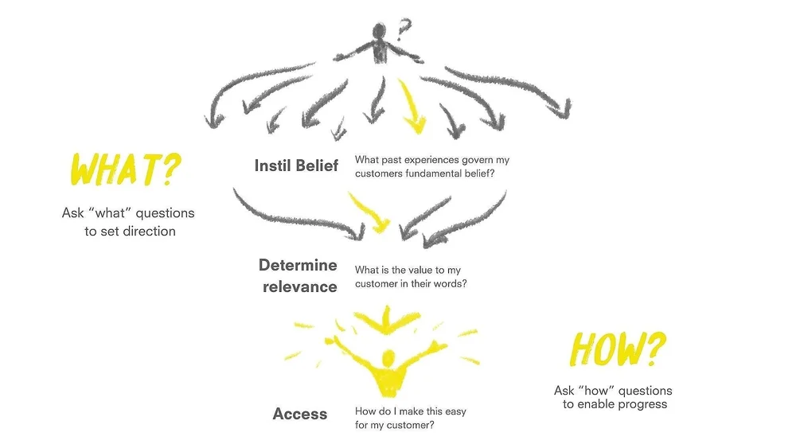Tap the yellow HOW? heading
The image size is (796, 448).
pyautogui.click(x=618, y=351)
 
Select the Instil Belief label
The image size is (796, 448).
pyautogui.click(x=296, y=166)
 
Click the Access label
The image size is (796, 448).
pyautogui.click(x=299, y=414)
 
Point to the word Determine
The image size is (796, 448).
pyautogui.click(x=298, y=265)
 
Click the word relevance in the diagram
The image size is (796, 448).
pyautogui.click(x=300, y=286)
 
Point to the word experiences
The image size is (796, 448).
pyautogui.click(x=433, y=160)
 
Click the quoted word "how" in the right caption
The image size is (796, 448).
pyautogui.click(x=595, y=391)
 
